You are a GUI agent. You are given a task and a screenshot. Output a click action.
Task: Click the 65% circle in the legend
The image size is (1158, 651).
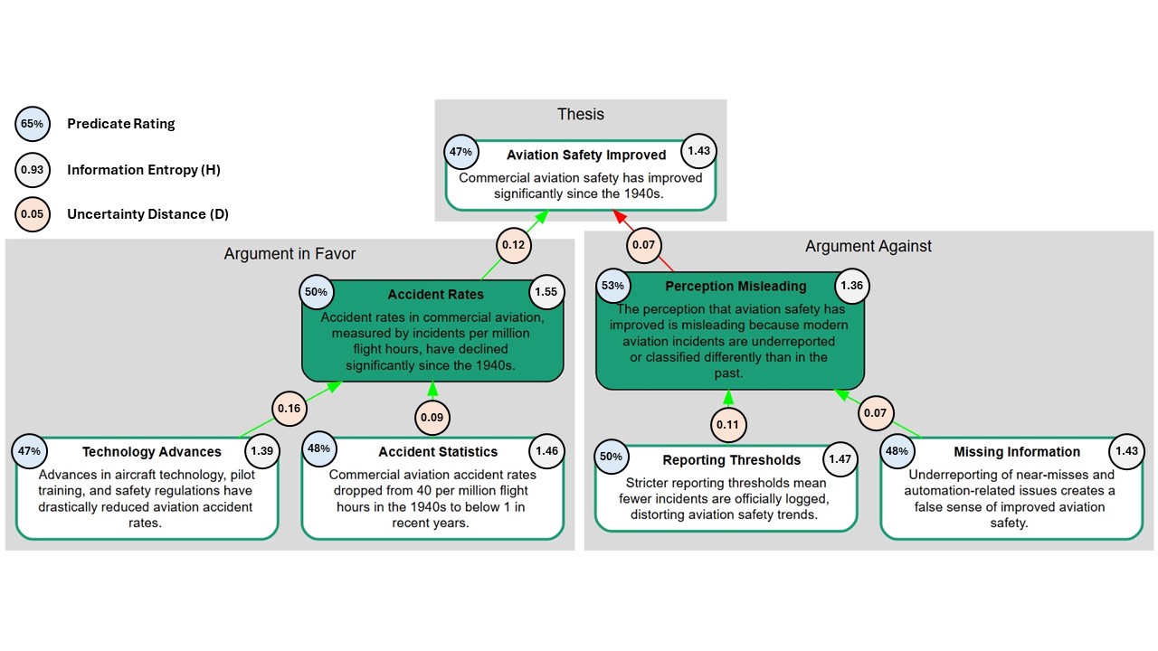pos(32,124)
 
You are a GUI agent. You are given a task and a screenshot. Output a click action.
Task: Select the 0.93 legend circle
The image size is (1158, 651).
pos(32,169)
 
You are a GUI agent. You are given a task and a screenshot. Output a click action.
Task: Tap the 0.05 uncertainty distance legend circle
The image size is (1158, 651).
pos(32,214)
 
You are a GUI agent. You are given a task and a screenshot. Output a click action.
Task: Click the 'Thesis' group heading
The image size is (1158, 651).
pos(581,114)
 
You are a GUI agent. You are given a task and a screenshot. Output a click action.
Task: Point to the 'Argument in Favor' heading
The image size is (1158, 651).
pos(289,254)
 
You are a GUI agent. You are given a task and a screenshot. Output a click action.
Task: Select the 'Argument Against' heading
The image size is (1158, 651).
pos(868,246)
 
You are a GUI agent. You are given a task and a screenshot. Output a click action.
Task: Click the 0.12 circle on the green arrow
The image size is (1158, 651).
pos(513,245)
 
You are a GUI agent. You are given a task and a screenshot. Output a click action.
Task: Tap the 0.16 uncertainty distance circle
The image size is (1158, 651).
pos(289,409)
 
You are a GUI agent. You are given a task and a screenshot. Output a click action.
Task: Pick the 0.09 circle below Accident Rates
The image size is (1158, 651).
pos(432,418)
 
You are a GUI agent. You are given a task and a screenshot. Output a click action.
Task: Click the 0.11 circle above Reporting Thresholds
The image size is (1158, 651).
pos(728,425)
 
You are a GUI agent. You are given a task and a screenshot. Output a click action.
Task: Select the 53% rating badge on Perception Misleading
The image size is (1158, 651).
pos(612,286)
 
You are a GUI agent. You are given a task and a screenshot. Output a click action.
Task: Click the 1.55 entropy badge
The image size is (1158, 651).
pos(546,292)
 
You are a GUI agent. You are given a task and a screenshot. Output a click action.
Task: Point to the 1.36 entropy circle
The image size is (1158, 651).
pos(852,286)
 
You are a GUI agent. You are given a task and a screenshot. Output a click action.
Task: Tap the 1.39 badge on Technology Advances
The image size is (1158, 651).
pos(262,451)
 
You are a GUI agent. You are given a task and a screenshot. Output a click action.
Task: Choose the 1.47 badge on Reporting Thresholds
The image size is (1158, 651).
pos(840,458)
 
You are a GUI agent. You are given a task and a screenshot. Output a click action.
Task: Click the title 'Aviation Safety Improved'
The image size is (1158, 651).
pos(586,155)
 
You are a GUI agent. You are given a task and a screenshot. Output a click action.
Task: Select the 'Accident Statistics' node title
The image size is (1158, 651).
pos(438,451)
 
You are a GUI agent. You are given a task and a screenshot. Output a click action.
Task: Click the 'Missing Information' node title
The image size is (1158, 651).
pos(1017,451)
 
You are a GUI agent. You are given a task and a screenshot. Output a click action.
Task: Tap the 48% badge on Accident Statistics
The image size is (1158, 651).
pos(319,448)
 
